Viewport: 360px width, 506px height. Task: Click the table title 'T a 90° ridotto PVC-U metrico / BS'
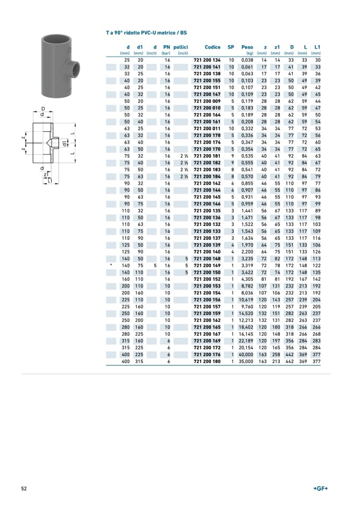click(x=146, y=33)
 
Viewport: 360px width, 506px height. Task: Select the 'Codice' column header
click(x=213, y=47)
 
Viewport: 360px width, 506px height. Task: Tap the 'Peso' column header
click(x=247, y=47)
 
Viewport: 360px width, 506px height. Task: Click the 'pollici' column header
click(x=180, y=47)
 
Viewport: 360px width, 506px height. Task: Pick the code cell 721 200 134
click(x=207, y=60)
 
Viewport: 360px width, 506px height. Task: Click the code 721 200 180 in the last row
click(x=207, y=361)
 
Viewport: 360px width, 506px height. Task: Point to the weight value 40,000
click(x=246, y=355)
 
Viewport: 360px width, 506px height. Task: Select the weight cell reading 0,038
click(x=247, y=60)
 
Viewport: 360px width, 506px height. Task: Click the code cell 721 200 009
click(x=207, y=101)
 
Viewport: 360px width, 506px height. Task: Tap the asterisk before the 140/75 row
click(x=111, y=265)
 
